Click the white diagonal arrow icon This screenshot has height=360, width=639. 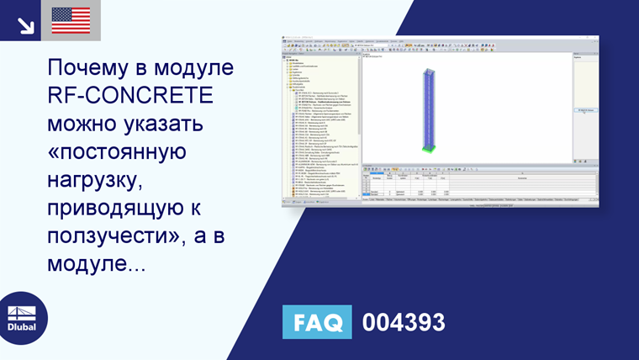click(25, 24)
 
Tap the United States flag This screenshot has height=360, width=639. click(71, 20)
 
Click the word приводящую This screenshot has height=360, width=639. click(111, 210)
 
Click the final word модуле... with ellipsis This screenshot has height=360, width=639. click(97, 267)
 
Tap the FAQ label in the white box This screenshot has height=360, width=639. click(318, 322)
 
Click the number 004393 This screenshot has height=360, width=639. click(404, 322)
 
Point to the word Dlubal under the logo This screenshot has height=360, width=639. click(22, 326)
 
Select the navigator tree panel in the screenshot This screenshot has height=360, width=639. click(319, 118)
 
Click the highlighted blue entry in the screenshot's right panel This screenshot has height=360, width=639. click(585, 110)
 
